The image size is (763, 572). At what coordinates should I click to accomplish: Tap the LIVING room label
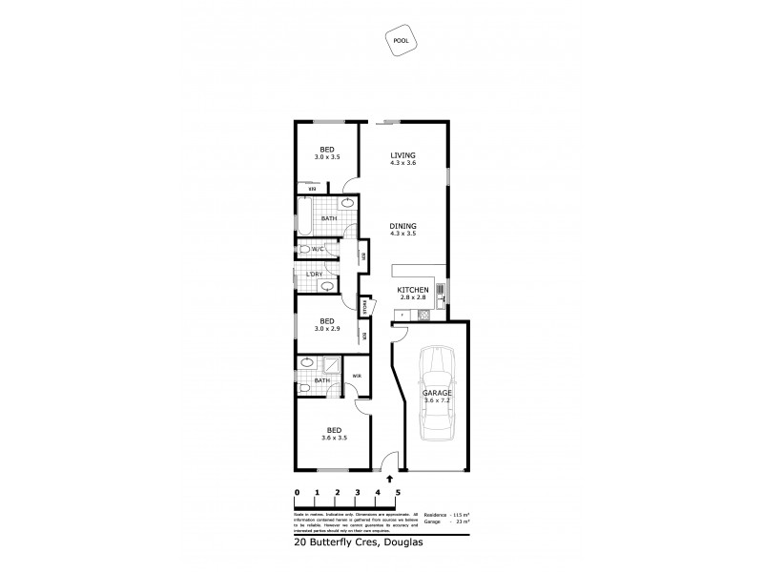403,158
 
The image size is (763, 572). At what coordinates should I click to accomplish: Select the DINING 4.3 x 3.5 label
403,229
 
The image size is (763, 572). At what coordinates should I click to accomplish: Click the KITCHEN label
413,293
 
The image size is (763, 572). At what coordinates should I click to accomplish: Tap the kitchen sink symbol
440,290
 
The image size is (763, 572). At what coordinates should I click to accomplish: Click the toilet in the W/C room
303,250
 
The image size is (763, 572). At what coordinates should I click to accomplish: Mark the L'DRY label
313,275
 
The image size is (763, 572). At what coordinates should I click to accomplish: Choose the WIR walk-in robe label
356,376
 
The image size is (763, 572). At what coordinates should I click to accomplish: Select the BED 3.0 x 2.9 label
327,324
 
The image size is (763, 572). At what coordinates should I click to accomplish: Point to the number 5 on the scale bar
397,493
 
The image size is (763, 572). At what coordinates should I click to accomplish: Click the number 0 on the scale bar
298,493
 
